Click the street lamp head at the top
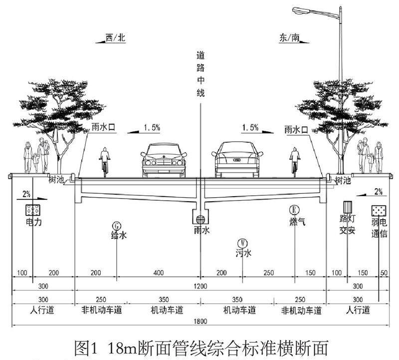click(300, 9)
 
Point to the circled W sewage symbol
click(243, 243)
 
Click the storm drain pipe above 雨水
click(200, 218)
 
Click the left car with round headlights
click(163, 160)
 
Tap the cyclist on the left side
click(105, 161)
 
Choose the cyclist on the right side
click(295, 161)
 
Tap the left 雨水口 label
click(103, 128)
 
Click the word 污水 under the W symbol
click(243, 254)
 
